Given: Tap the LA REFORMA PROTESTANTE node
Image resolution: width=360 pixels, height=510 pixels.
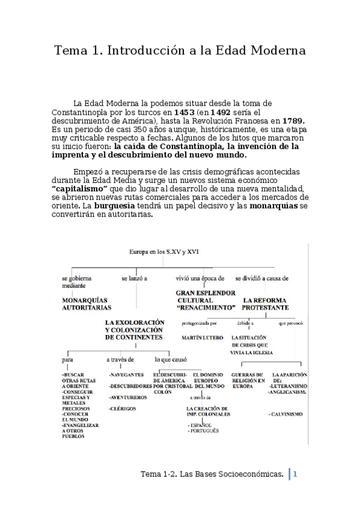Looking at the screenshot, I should [x=265, y=303].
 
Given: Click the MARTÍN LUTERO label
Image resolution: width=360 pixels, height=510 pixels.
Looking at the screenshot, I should [x=202, y=337].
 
